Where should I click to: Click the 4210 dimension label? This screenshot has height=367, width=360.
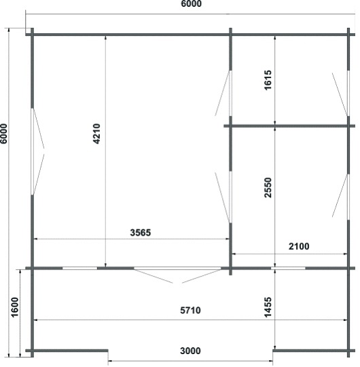[x=96, y=134]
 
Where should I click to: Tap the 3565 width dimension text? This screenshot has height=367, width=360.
[x=141, y=232]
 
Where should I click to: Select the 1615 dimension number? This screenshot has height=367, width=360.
[x=268, y=80]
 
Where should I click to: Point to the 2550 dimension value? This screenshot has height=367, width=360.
[x=268, y=188]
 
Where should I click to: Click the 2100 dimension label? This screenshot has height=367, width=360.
[x=299, y=246]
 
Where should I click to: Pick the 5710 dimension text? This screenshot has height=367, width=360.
[x=190, y=311]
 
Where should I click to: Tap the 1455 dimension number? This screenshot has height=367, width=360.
[x=268, y=307]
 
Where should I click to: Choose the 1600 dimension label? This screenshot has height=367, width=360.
[x=14, y=307]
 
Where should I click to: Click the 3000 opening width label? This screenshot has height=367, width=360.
[x=190, y=351]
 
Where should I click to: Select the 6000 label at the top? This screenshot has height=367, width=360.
[x=192, y=4]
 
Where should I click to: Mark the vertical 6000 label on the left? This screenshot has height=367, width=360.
[x=4, y=134]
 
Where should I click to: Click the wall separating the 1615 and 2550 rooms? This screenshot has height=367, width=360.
[x=289, y=126]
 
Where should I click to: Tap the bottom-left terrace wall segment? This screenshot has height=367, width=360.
[x=67, y=351]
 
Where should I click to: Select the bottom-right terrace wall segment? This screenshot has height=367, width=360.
[x=314, y=351]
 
